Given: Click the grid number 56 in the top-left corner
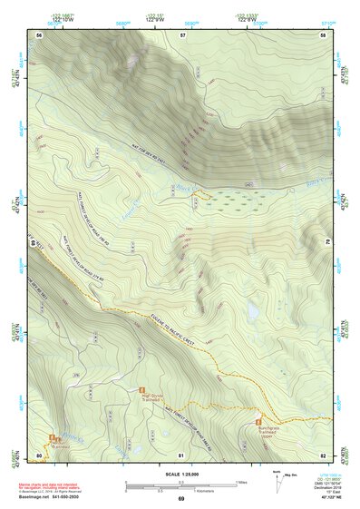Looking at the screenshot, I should pyautogui.click(x=38, y=34).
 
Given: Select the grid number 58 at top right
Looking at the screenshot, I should pyautogui.click(x=323, y=34).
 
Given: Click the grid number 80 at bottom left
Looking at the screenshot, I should pyautogui.click(x=38, y=455).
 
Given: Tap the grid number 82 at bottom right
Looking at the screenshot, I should pyautogui.click(x=323, y=455).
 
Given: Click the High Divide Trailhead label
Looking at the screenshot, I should pyautogui.click(x=151, y=397).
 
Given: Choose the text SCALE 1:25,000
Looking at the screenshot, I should pyautogui.click(x=180, y=473).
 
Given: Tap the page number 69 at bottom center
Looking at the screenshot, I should pyautogui.click(x=180, y=499).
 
